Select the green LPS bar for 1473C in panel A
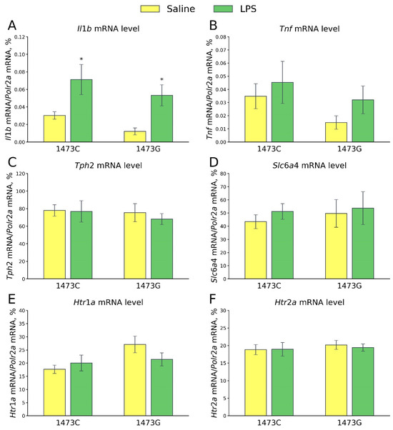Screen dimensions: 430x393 tap(81, 111)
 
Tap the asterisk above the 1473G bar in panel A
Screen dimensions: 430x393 tap(161, 80)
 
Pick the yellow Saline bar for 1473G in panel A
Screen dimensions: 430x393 tap(134, 136)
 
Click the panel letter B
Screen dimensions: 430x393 tap(212, 26)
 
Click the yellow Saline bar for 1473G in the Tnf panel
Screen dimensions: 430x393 tap(334, 132)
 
